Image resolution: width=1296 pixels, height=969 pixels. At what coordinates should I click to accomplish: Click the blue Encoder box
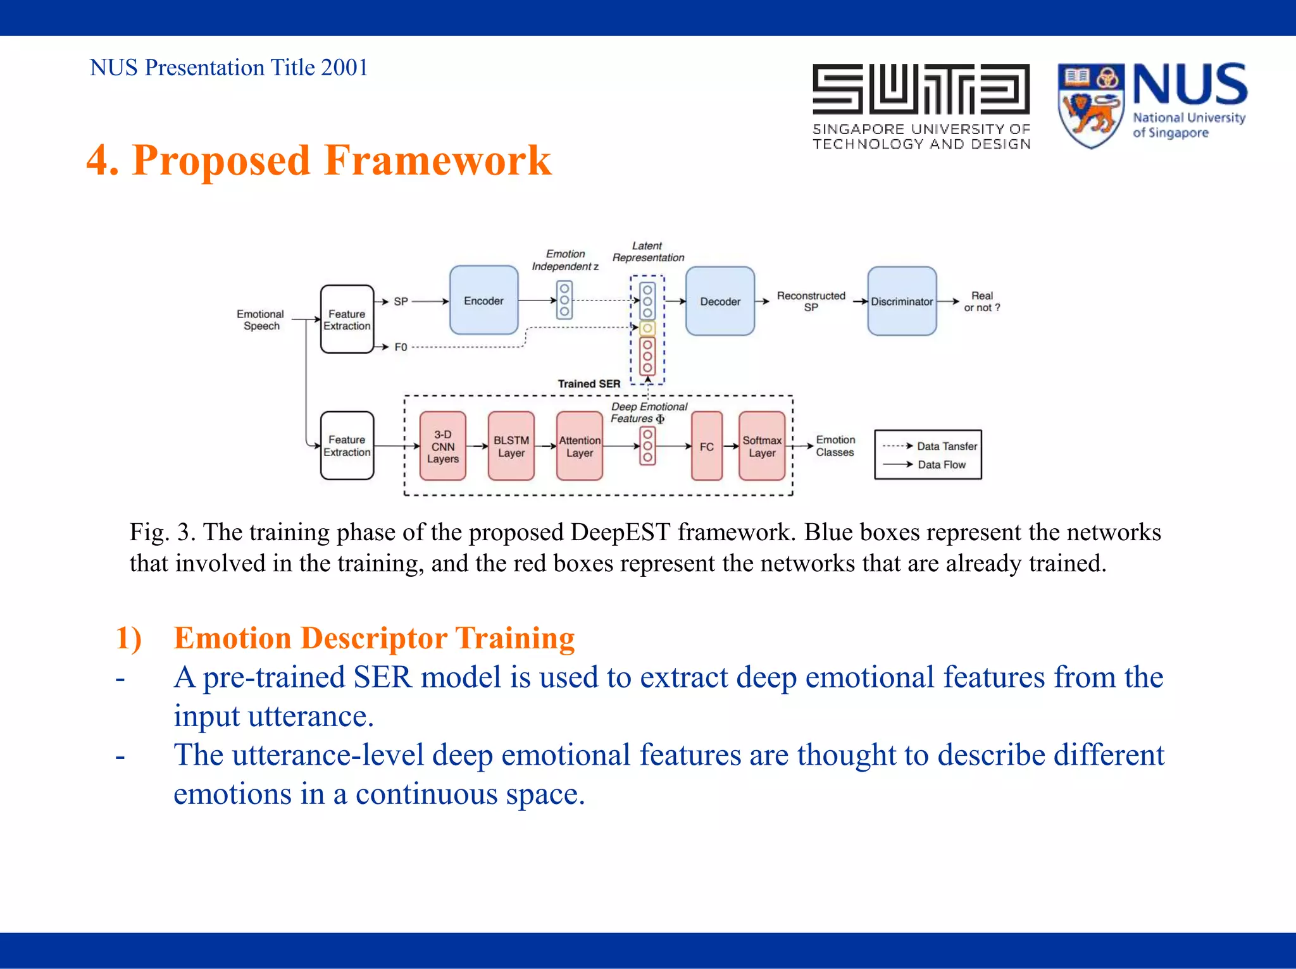(483, 300)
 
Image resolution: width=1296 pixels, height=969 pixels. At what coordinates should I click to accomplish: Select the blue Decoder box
(720, 301)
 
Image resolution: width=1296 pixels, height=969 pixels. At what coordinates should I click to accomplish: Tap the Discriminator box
(901, 301)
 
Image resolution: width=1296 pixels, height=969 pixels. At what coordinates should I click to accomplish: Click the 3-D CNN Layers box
(442, 446)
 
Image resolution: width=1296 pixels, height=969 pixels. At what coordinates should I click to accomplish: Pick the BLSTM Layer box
(511, 446)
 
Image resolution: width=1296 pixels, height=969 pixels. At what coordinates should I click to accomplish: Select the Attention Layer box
(579, 446)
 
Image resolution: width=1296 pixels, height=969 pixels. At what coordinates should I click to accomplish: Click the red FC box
(706, 446)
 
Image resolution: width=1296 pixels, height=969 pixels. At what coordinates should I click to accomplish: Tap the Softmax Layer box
(762, 446)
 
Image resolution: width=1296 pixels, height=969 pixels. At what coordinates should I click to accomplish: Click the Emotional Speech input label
(261, 319)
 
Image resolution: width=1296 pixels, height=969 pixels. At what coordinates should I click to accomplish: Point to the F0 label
(401, 347)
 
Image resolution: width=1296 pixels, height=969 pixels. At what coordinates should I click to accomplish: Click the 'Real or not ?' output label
(981, 301)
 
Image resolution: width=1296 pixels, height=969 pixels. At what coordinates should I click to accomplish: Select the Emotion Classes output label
(835, 445)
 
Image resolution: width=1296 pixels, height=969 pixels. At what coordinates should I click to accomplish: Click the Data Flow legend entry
(941, 464)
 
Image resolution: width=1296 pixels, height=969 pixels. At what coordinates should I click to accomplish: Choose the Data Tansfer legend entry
(946, 446)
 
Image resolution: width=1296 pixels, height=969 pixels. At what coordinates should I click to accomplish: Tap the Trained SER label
(589, 383)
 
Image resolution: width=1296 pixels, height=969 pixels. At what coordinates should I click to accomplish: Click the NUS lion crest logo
(1090, 105)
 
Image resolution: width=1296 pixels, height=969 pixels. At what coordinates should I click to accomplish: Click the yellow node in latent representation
(647, 328)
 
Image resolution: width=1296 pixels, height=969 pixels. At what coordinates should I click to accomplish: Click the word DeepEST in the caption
(620, 532)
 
